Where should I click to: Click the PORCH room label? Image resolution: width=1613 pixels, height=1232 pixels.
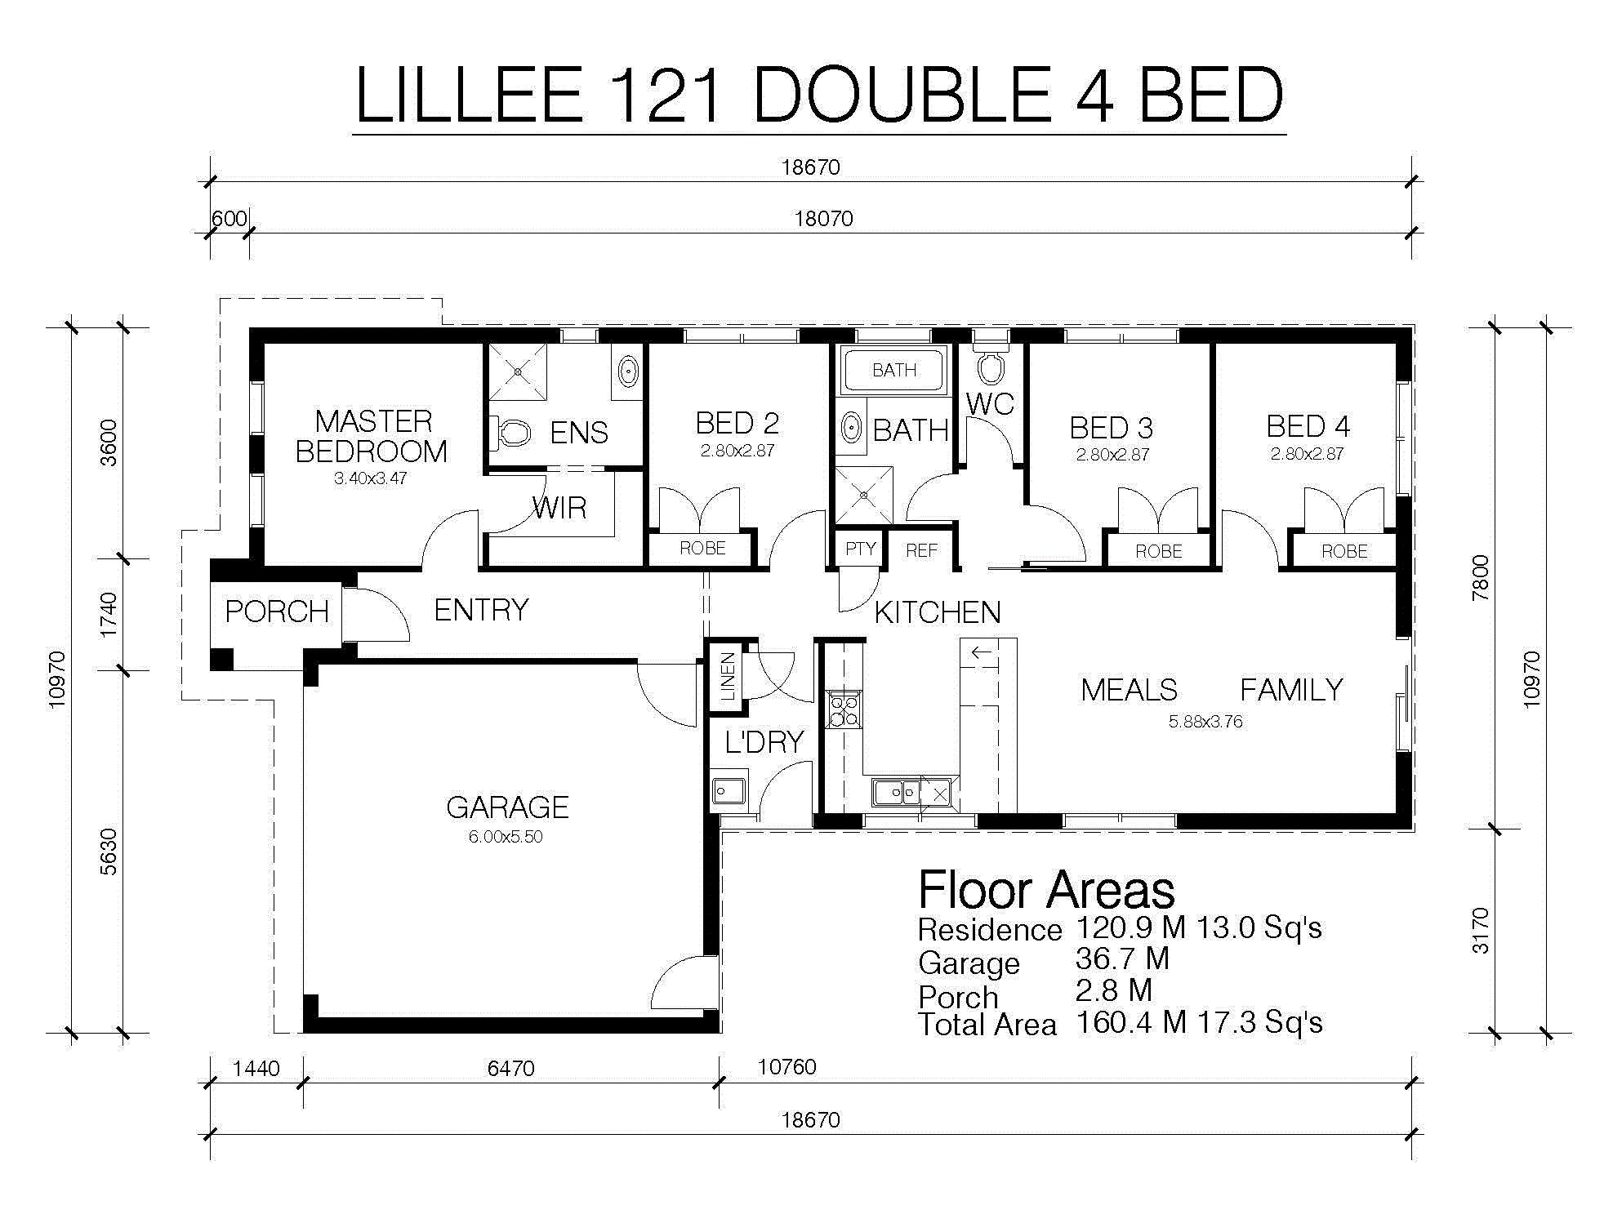point(277,612)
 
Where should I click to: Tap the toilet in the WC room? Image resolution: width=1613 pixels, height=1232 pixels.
point(991,364)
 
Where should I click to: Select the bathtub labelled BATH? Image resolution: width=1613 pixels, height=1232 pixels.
point(894,371)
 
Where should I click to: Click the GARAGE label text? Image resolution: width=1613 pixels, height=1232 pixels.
point(507,807)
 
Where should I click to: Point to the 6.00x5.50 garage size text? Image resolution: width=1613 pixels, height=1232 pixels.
point(506,837)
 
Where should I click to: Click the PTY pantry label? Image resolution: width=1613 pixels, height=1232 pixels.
point(861,549)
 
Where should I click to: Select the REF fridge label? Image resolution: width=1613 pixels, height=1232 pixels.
point(921,551)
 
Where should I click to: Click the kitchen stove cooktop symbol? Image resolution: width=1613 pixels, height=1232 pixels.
point(844,709)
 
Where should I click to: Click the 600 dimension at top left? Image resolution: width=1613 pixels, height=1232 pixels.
point(229,219)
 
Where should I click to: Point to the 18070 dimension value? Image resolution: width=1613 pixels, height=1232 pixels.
point(824,219)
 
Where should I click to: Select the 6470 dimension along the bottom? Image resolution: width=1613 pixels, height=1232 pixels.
point(511,1069)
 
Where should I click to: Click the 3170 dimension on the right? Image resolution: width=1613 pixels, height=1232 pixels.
point(1481,931)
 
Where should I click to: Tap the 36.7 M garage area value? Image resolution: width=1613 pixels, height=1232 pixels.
point(1122,959)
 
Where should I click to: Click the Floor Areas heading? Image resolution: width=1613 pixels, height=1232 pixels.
point(1046,890)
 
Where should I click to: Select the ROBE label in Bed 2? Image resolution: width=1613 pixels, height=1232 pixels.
point(702,549)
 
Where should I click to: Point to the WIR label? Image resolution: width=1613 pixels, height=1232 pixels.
point(559,509)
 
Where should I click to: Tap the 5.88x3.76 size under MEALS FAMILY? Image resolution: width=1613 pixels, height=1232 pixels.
point(1205,722)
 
